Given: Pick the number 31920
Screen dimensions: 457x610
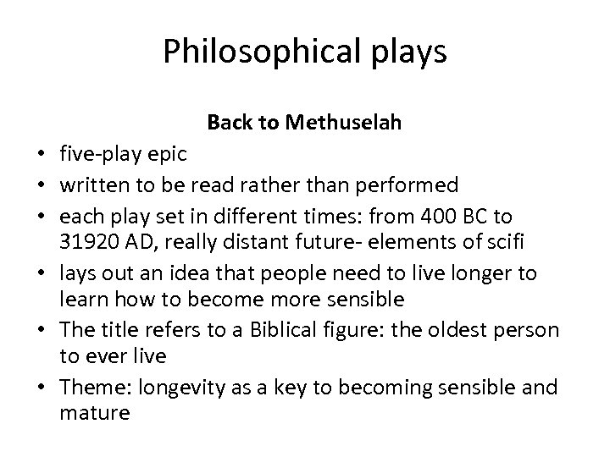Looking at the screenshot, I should (88, 243).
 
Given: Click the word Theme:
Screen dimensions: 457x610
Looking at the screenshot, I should (89, 388).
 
